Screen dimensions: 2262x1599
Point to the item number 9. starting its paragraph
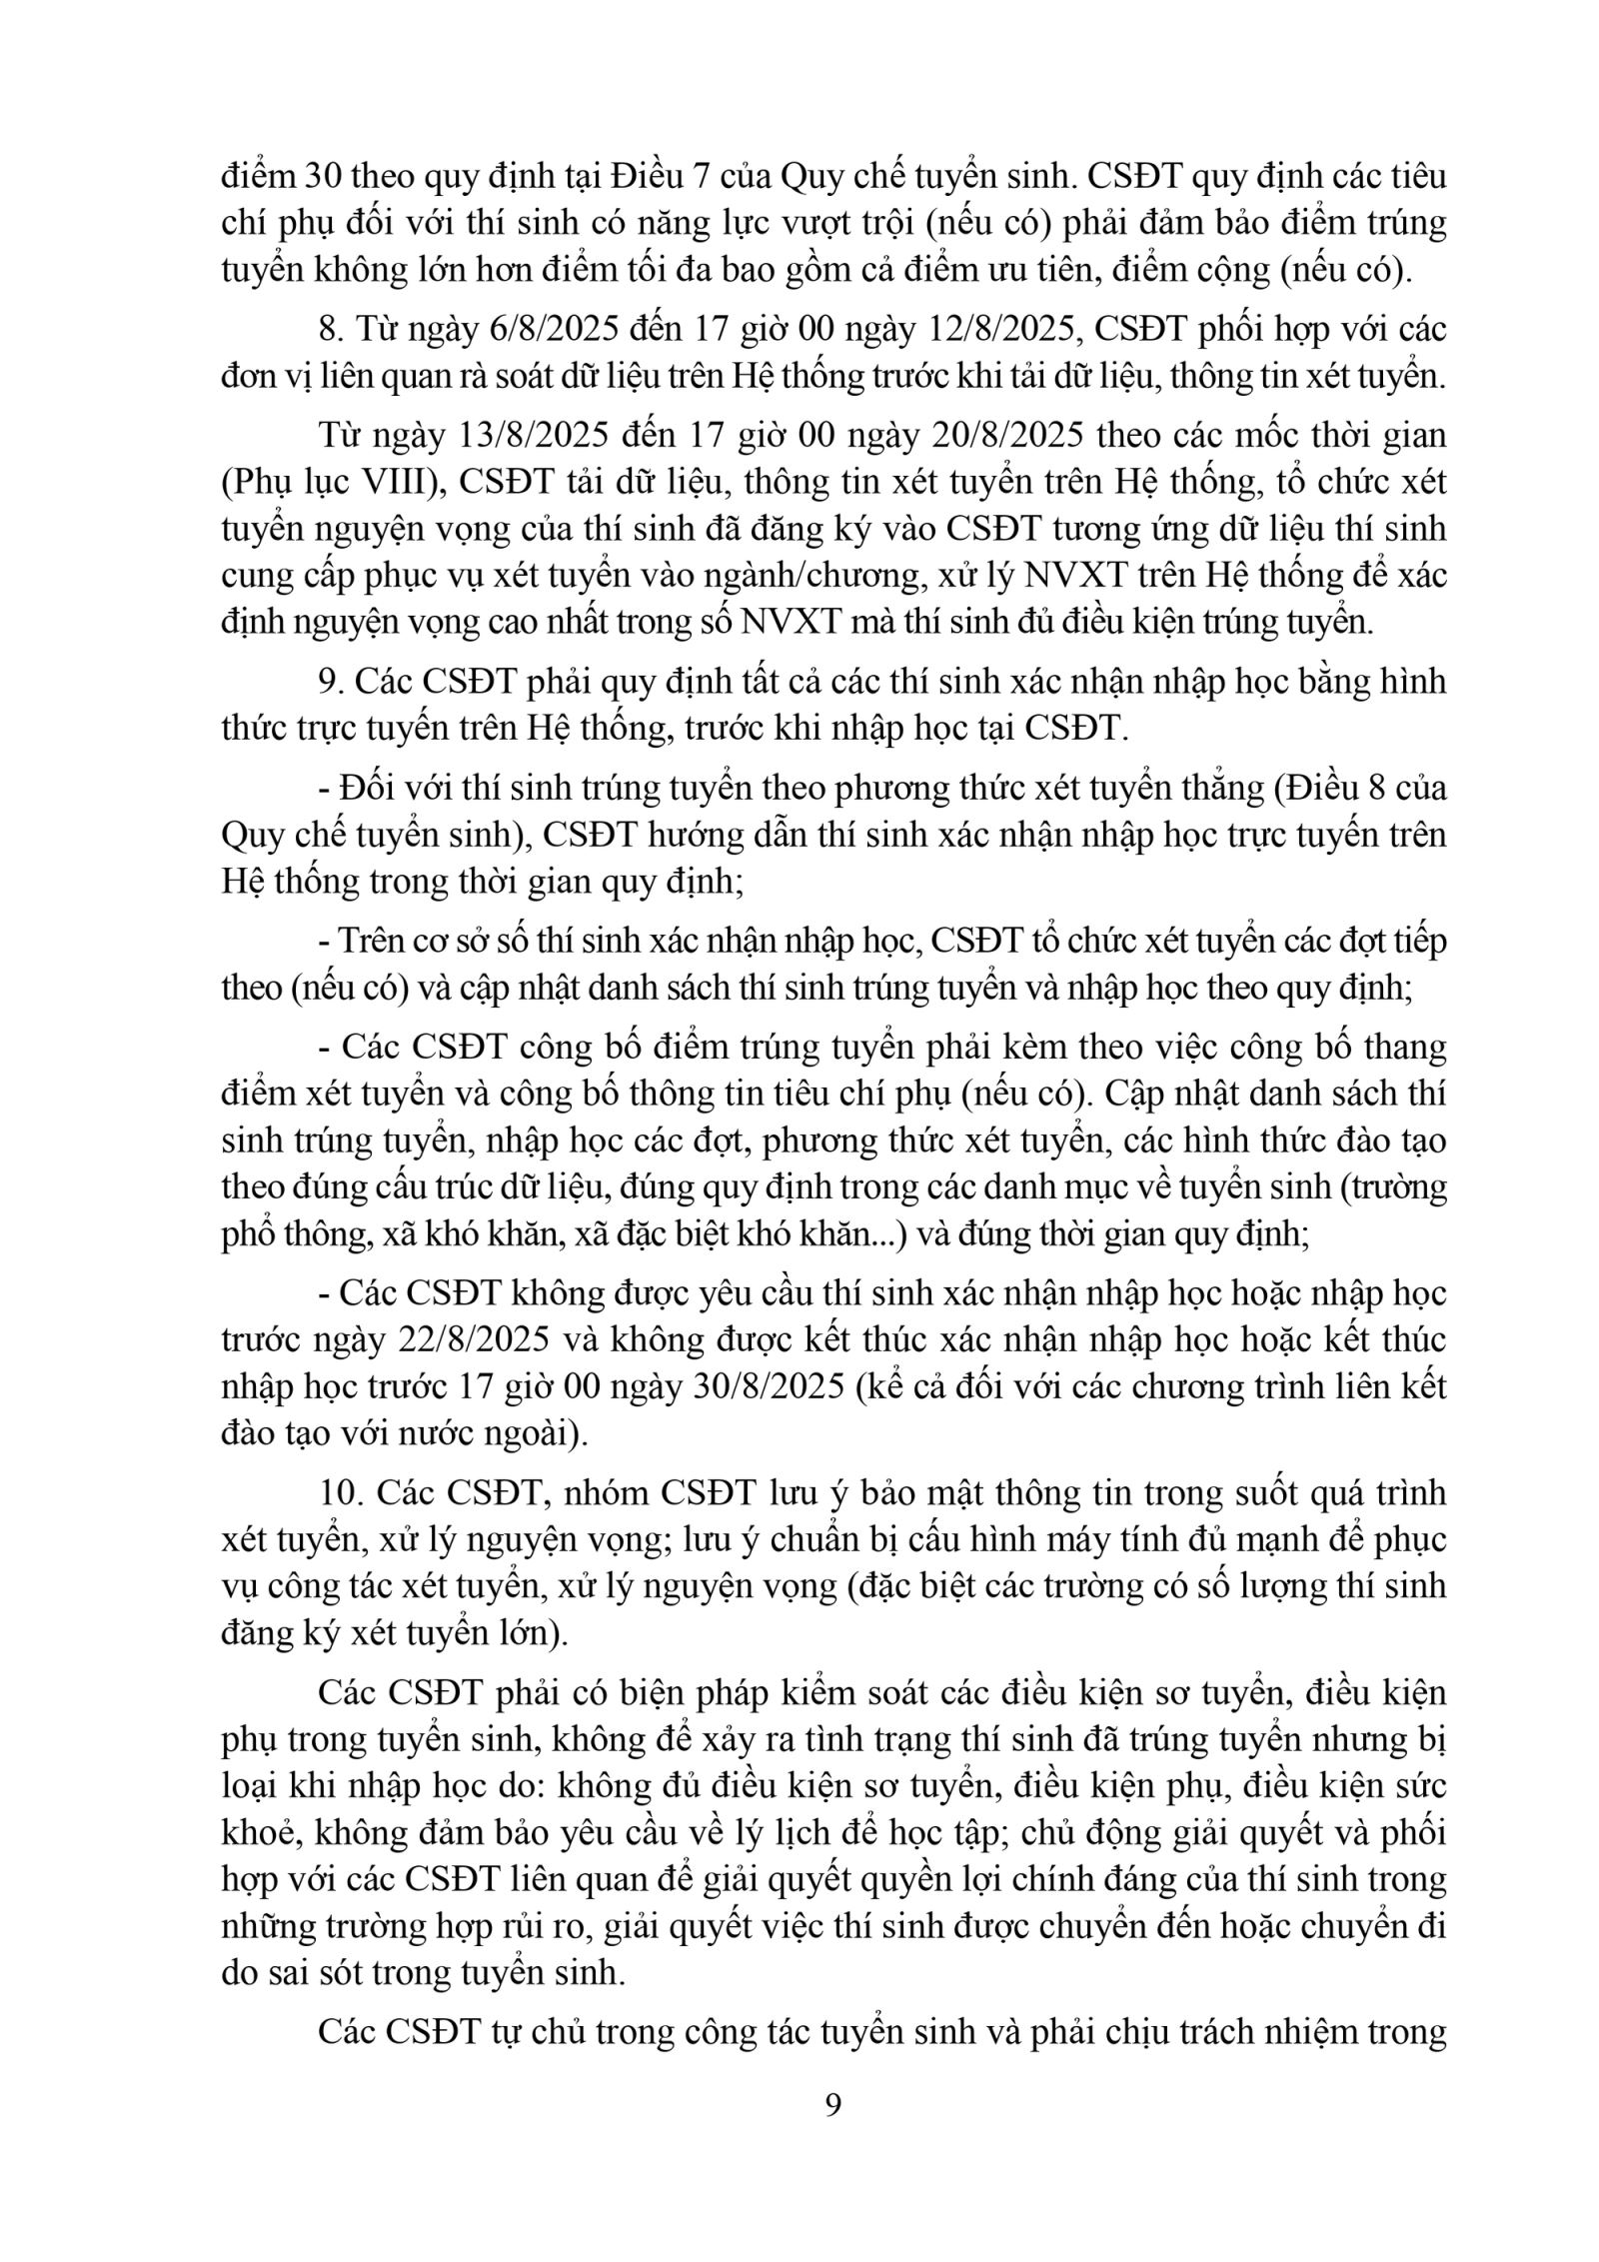click(x=331, y=683)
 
